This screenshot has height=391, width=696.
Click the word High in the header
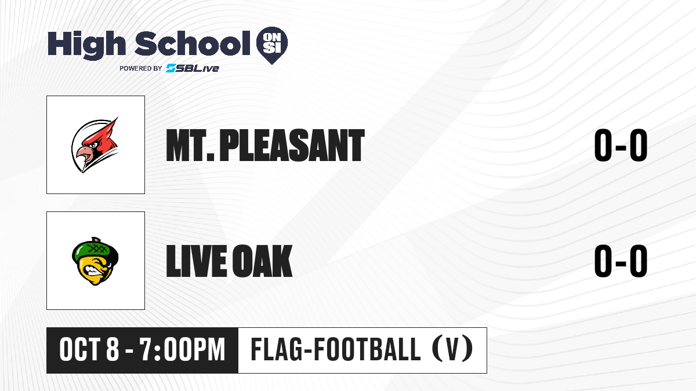87,45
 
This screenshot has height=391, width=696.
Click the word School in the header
193,43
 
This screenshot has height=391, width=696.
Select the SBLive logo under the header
193,68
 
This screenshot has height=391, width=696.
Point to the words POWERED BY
141,68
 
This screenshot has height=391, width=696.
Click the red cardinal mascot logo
95,145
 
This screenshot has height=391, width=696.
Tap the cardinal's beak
84,154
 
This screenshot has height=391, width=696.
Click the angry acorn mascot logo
95,261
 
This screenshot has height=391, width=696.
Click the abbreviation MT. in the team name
190,145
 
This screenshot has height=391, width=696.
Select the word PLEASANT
292,145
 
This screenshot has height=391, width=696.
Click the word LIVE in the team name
197,261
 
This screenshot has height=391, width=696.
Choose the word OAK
263,261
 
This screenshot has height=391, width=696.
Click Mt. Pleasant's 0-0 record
621,145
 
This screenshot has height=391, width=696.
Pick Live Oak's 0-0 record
621,261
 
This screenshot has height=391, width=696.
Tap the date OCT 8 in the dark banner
89,350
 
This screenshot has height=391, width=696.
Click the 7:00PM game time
182,350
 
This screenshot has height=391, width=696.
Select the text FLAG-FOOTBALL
336,350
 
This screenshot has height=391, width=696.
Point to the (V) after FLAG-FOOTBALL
452,350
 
